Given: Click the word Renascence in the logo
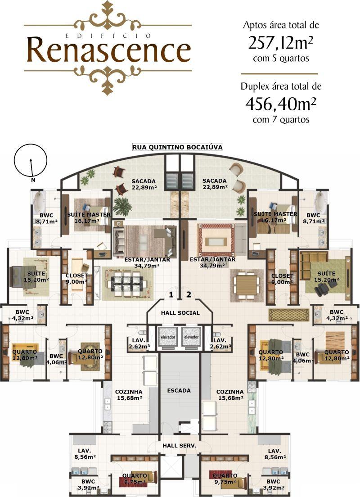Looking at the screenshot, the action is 109,50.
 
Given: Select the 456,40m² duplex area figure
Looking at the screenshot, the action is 281,104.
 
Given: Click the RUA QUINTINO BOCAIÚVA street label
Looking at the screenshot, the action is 177,147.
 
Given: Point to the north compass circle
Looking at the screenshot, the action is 31,160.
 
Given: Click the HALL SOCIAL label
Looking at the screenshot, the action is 180,313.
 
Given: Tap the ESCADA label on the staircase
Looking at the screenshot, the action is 179,390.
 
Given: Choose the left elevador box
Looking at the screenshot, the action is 168,337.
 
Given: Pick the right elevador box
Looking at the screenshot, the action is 191,337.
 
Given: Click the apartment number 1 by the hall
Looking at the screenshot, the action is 171,295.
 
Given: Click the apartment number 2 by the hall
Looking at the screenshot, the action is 189,294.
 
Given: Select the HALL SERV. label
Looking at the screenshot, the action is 180,445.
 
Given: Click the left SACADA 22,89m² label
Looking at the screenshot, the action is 144,184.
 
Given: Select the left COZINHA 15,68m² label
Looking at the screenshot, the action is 129,395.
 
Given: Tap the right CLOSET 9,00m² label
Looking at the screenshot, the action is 282,279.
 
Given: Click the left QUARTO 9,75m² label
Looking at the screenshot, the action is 135,479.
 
